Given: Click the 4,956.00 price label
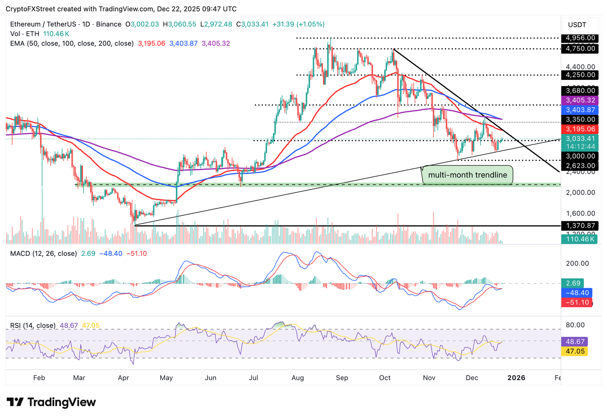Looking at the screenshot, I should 580,38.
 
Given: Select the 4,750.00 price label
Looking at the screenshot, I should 580,49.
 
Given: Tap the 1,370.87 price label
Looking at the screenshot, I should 580,226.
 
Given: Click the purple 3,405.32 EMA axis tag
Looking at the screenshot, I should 580,100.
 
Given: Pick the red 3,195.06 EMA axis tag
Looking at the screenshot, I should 580,129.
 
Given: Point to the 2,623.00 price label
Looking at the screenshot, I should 580,166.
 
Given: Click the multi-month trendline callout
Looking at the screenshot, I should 468,175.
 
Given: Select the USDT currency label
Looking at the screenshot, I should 577,25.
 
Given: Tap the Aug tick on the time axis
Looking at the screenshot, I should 298,378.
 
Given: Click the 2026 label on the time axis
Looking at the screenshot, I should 516,378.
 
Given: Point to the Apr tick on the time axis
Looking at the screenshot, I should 123,378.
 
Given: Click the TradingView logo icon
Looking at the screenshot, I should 15,402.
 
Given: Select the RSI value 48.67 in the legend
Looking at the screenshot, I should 69,326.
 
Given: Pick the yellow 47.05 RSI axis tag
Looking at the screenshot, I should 575,351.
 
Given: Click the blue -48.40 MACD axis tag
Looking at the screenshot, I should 577,293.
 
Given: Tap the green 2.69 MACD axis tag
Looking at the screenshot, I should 573,283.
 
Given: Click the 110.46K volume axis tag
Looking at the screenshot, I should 579,239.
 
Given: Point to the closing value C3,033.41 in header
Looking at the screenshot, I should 253,24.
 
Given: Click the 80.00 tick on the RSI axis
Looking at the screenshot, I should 575,325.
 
